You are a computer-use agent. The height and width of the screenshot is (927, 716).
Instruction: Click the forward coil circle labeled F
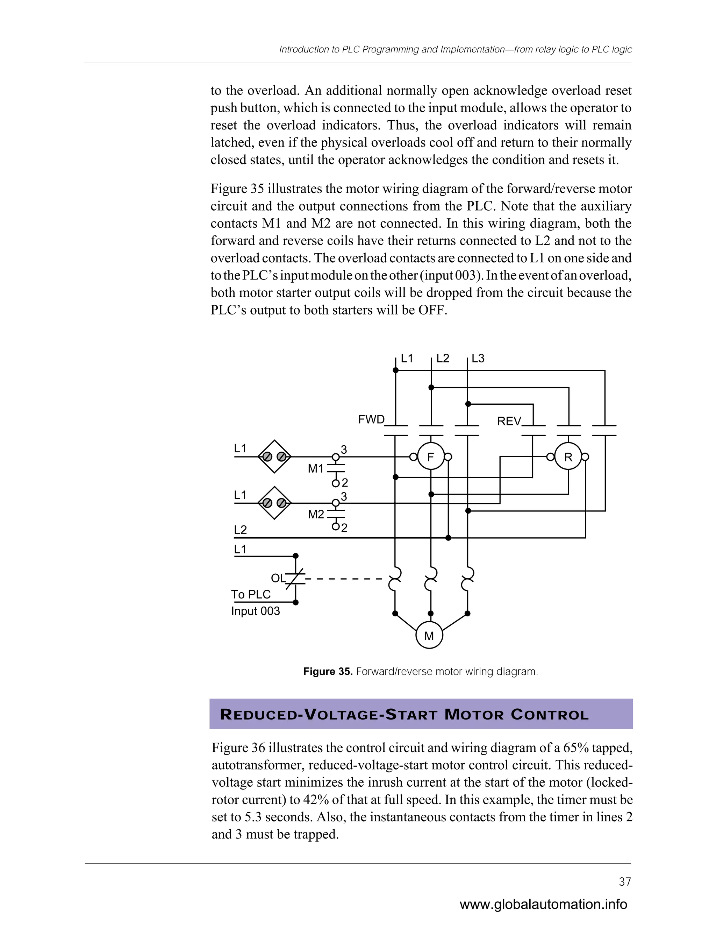click(430, 457)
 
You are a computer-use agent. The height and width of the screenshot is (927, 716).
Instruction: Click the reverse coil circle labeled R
click(568, 457)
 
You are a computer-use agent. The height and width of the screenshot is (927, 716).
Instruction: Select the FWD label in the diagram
click(371, 420)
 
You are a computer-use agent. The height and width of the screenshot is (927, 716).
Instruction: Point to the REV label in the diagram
click(509, 422)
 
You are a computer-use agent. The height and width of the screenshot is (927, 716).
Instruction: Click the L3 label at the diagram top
click(478, 359)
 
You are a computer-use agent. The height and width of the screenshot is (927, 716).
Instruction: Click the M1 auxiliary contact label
click(316, 469)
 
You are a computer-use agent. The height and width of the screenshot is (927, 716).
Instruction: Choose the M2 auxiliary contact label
click(316, 515)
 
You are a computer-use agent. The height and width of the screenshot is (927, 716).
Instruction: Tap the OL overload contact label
click(278, 578)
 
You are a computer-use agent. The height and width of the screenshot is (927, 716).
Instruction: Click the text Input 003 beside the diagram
click(255, 611)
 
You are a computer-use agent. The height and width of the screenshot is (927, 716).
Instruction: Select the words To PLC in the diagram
click(251, 594)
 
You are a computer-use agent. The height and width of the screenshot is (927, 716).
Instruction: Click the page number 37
click(625, 882)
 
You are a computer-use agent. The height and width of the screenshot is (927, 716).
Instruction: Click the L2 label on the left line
click(240, 530)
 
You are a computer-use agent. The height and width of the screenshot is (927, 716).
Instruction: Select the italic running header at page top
click(455, 50)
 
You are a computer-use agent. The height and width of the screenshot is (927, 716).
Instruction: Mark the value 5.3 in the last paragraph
click(253, 817)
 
